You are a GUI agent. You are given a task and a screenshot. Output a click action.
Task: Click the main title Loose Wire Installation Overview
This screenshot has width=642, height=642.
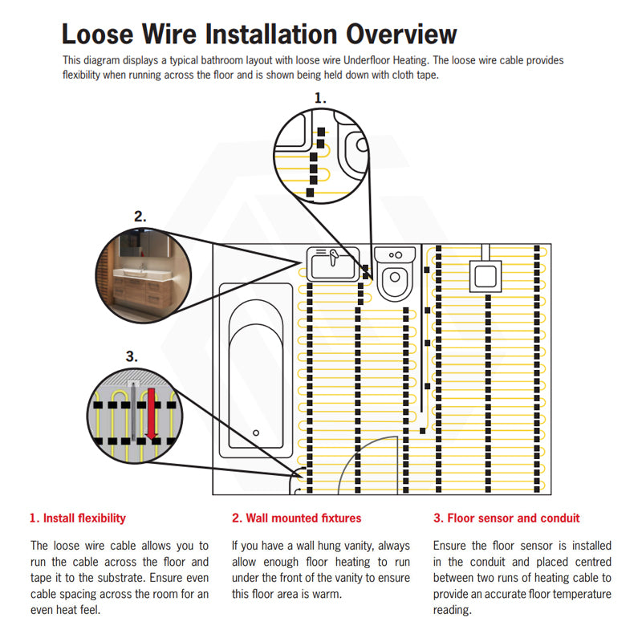pyautogui.click(x=259, y=34)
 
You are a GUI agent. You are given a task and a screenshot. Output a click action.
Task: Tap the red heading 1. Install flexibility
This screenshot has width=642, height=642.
pyautogui.click(x=78, y=518)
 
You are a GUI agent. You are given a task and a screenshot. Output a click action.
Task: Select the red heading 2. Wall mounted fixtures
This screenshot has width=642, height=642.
pyautogui.click(x=296, y=518)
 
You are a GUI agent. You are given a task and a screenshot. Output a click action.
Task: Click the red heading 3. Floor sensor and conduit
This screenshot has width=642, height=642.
pyautogui.click(x=506, y=518)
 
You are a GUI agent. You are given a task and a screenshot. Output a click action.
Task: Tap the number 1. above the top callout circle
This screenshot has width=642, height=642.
pyautogui.click(x=321, y=98)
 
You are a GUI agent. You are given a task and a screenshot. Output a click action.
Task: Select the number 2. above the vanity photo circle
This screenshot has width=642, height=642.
pyautogui.click(x=140, y=216)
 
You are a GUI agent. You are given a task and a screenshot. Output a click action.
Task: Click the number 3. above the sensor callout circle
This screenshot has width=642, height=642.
pyautogui.click(x=132, y=356)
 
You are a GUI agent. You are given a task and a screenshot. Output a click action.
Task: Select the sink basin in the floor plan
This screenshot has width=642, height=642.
pyautogui.click(x=331, y=263)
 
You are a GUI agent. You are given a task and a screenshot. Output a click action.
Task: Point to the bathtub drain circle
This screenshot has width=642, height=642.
pyautogui.click(x=257, y=433)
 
